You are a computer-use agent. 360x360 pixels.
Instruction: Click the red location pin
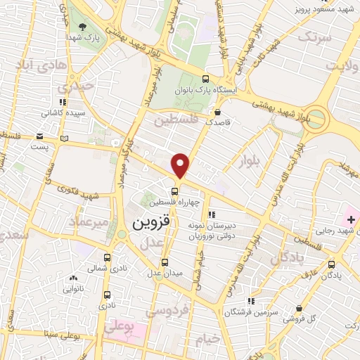point(181,165)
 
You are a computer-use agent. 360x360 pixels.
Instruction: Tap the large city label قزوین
point(151,223)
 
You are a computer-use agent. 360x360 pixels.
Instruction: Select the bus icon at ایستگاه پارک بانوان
point(205,79)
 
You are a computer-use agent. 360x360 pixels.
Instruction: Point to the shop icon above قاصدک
point(218,111)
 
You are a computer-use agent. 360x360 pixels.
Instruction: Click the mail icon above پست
point(39,136)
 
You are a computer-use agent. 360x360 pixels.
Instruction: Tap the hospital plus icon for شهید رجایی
point(331,221)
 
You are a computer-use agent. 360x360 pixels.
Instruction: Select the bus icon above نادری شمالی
point(107,257)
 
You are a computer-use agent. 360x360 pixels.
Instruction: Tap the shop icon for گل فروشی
point(300,308)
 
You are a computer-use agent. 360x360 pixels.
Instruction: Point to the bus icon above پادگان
point(331,264)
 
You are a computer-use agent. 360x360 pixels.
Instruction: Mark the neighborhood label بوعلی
point(117,327)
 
